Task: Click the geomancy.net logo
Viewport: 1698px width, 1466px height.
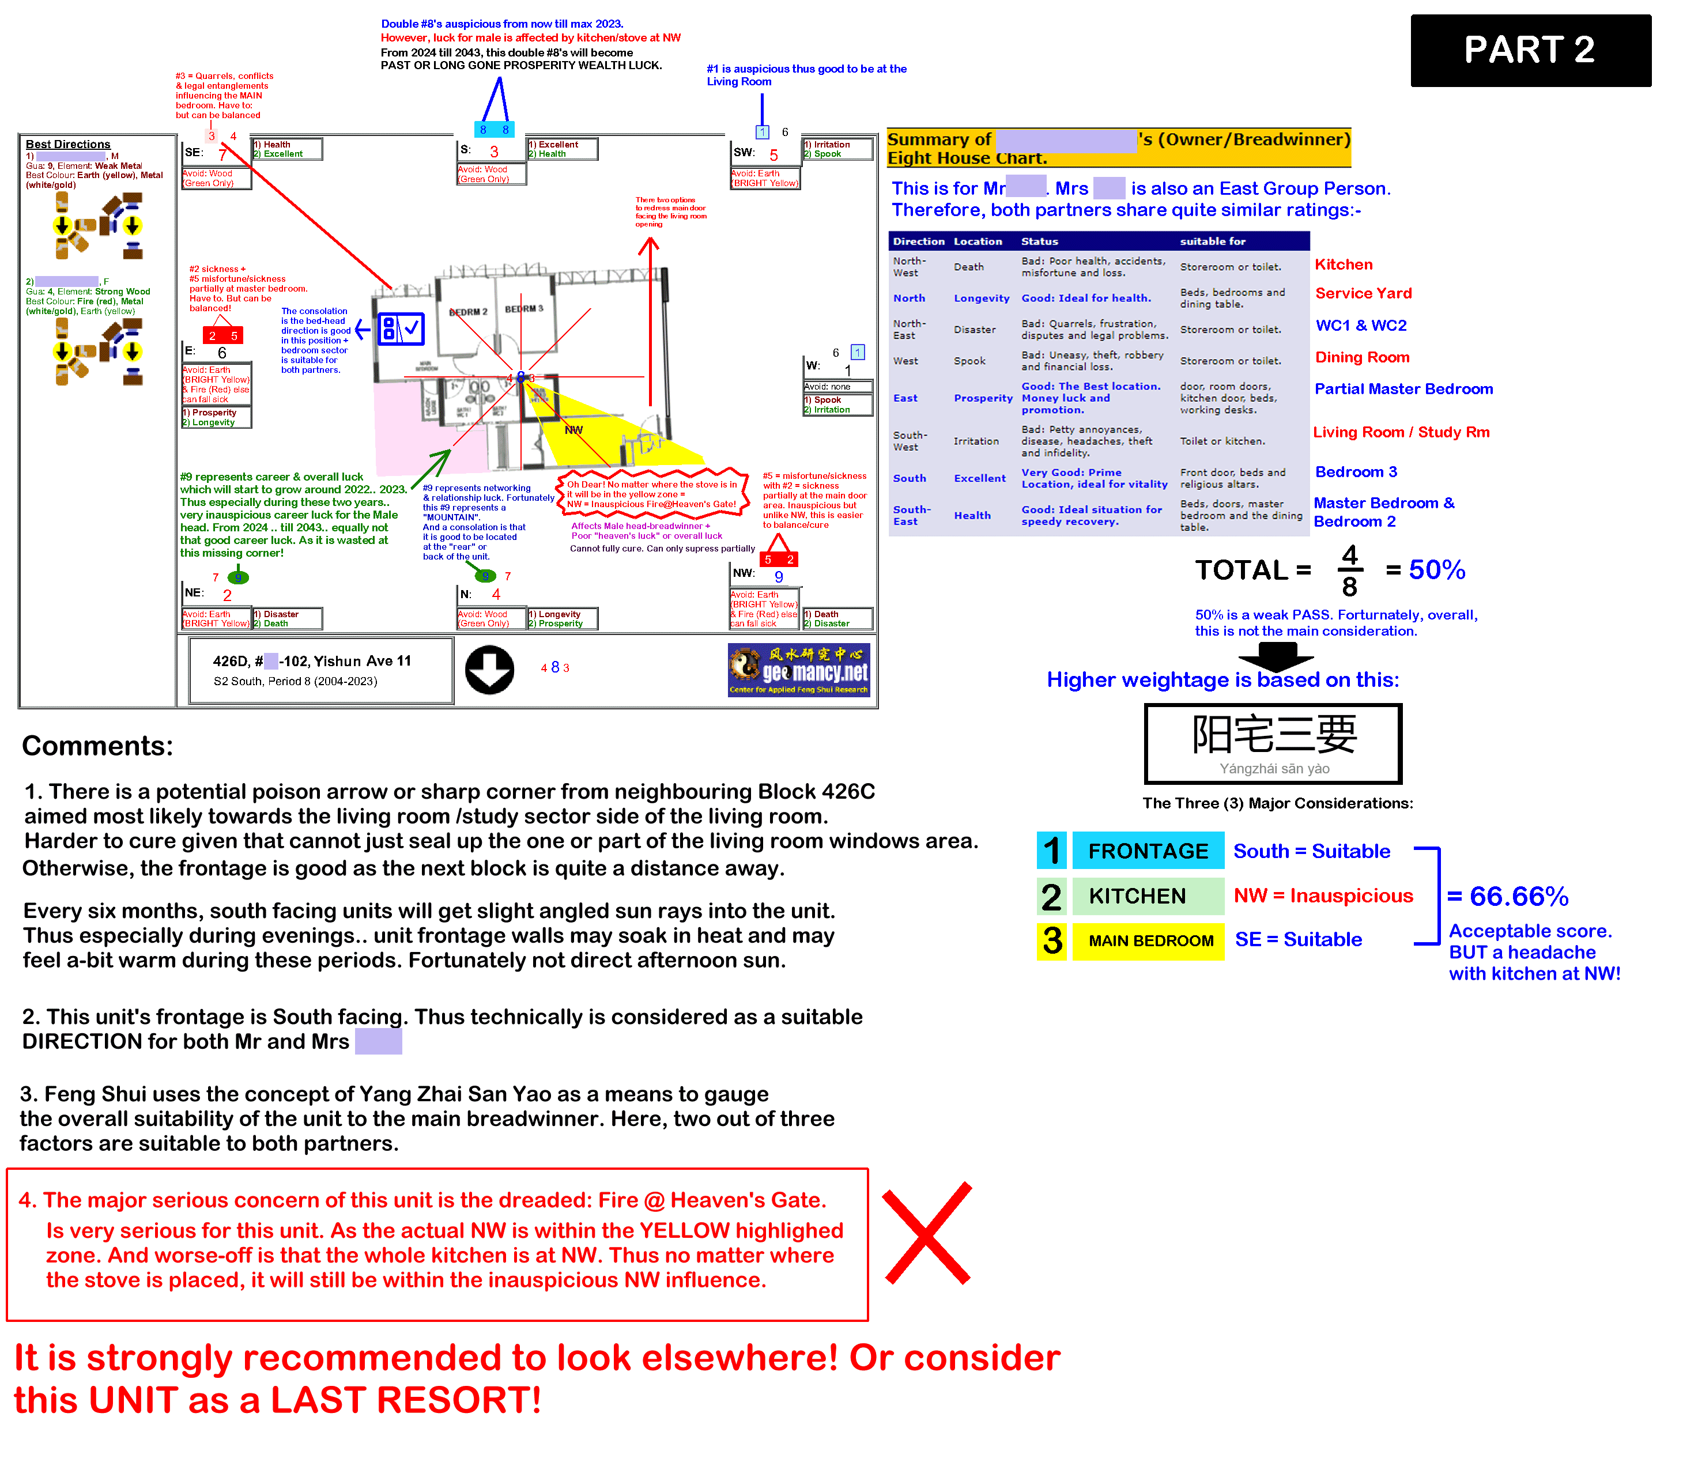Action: point(798,670)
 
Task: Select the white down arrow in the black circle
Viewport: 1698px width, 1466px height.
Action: point(489,670)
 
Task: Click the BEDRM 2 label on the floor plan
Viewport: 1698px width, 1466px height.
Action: point(468,312)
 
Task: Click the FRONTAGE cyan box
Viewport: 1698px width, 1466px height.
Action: point(1148,851)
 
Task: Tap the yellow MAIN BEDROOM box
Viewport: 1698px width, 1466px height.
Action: point(1150,940)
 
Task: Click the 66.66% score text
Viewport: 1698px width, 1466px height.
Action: point(1518,897)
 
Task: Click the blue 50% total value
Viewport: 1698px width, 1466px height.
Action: point(1436,569)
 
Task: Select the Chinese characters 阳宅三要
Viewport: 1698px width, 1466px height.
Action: point(1274,734)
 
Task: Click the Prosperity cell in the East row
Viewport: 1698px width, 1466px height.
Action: point(983,398)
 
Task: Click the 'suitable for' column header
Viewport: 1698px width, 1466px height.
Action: point(1212,241)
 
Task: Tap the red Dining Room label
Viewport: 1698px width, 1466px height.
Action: point(1362,357)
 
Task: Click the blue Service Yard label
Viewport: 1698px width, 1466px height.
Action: point(1363,293)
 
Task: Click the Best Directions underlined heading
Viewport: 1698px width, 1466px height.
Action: point(68,144)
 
